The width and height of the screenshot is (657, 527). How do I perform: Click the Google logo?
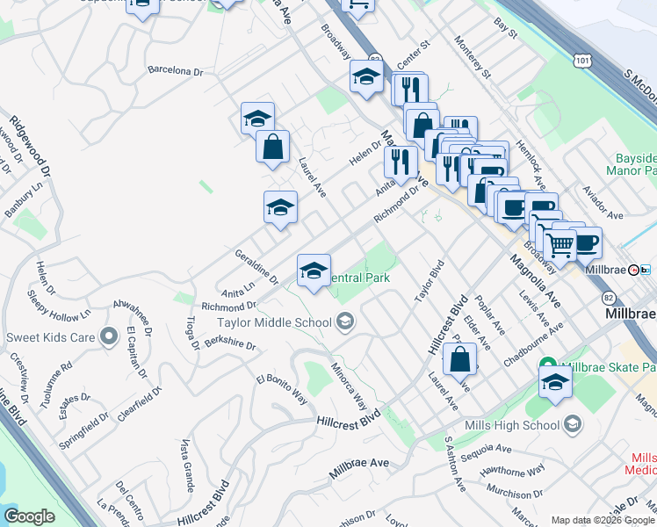[x=30, y=516]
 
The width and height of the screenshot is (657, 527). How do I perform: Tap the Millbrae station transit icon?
[x=646, y=270]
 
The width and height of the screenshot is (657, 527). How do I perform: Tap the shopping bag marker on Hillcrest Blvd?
[x=459, y=358]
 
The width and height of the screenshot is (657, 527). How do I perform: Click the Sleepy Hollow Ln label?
[x=59, y=303]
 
